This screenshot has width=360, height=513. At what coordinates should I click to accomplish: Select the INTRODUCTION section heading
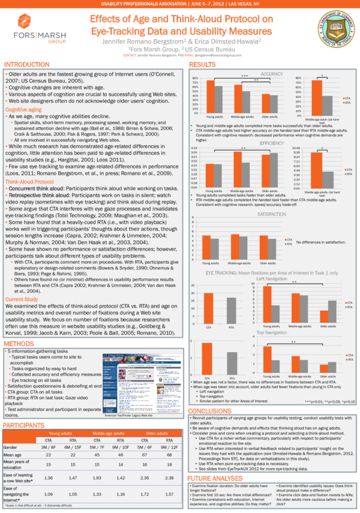coord(27,64)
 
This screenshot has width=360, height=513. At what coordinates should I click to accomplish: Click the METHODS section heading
coord(19,343)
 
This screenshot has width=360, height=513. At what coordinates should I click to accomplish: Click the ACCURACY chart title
coord(273,73)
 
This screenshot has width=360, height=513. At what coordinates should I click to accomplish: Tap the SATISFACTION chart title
coord(272,214)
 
